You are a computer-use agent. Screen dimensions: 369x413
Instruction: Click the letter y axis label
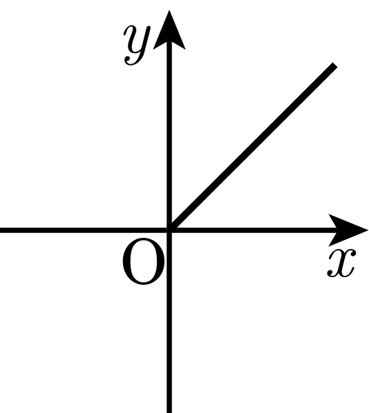[x=137, y=45]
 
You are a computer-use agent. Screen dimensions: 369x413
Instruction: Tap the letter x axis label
[x=341, y=263]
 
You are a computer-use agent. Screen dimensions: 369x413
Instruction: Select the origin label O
[x=144, y=261]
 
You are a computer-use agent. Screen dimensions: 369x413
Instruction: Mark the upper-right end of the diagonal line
[x=335, y=65]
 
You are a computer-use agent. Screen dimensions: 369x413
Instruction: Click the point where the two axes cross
[x=169, y=230]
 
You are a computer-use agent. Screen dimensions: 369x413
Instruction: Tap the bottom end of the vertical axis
[x=169, y=412]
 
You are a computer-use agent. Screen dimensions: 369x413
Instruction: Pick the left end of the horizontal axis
[x=1, y=230]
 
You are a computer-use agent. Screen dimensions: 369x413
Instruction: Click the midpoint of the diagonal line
[x=252, y=148]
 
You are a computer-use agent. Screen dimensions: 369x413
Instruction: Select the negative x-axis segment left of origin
[x=84, y=230]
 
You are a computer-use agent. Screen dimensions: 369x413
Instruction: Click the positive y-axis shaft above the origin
[x=169, y=134]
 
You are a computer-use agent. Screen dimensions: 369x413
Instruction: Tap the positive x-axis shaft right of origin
[x=254, y=230]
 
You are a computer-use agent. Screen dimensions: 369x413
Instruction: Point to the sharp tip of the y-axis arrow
[x=169, y=10]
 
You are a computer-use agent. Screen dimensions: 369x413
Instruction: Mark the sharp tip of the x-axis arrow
[x=368, y=230]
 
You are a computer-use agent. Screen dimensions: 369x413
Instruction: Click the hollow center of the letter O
[x=144, y=261]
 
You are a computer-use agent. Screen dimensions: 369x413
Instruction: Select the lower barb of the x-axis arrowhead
[x=333, y=241]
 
